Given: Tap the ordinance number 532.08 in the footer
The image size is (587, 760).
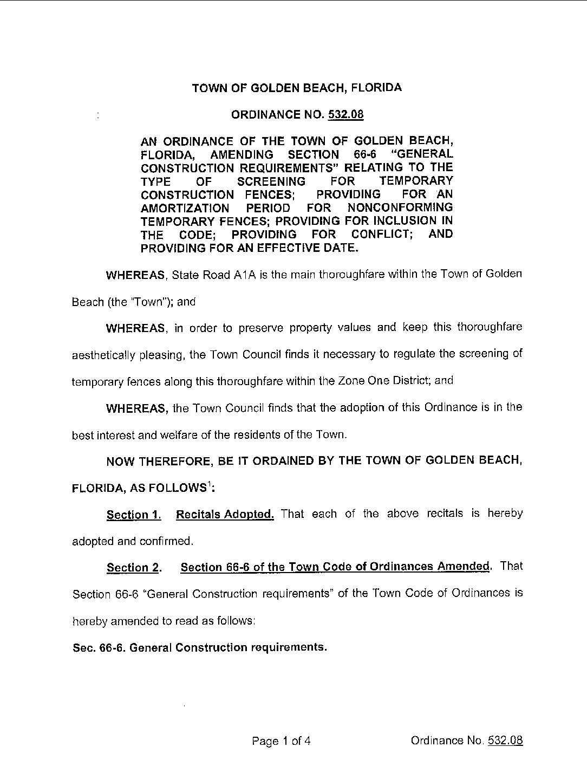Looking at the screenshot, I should (x=505, y=740).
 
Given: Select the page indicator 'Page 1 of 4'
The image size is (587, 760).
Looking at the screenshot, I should (x=282, y=740).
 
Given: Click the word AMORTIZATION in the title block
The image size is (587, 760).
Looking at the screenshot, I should (x=185, y=208).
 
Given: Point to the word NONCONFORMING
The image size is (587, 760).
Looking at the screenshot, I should (x=400, y=207).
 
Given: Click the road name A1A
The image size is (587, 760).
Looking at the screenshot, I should (x=246, y=275).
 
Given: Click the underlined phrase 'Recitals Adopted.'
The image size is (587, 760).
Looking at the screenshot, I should (x=225, y=514).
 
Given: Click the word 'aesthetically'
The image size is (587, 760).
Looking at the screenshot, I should (x=101, y=355).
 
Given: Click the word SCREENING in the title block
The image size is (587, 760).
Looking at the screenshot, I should (x=271, y=181).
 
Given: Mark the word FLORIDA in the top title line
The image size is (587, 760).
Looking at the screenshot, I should (x=374, y=88).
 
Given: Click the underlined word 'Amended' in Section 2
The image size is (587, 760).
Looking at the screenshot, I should (x=464, y=567).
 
